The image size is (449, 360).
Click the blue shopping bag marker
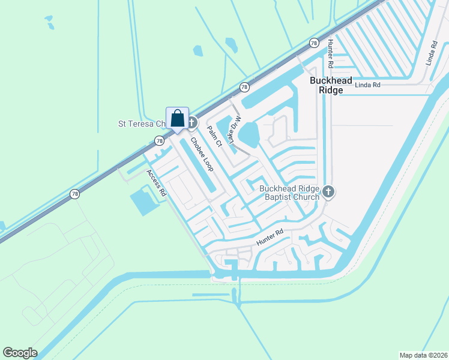(178, 118)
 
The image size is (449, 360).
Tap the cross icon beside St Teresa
(192, 123)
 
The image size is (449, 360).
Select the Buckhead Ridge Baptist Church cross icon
(328, 192)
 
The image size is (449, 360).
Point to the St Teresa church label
(140, 124)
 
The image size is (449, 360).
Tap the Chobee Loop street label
(202, 155)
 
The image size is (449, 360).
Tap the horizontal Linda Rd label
(368, 85)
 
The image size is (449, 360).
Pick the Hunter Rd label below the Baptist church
(270, 237)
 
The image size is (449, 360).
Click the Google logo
(20, 353)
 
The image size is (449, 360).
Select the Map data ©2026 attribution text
(423, 355)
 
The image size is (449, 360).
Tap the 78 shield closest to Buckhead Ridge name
(313, 43)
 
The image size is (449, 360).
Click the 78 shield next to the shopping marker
(158, 141)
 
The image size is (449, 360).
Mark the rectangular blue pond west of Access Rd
(143, 201)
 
